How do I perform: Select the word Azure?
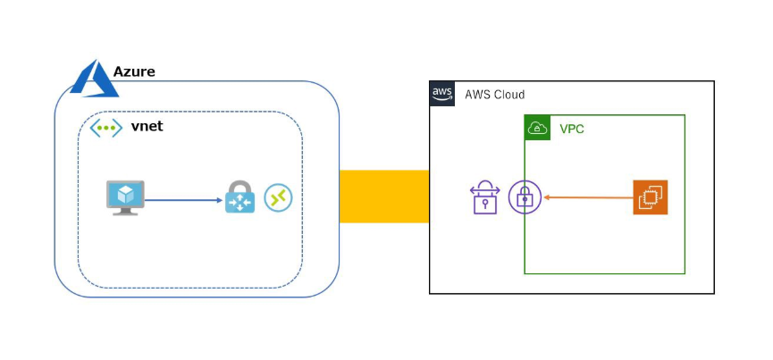[x=134, y=71]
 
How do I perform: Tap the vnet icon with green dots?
[x=106, y=128]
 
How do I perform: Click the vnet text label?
[x=147, y=127]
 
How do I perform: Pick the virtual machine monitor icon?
[x=124, y=197]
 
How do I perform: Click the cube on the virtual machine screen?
[x=124, y=193]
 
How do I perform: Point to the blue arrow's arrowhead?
[x=219, y=199]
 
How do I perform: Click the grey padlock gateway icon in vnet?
[x=239, y=197]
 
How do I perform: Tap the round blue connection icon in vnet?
[x=279, y=197]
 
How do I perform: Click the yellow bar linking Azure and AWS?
[x=384, y=197]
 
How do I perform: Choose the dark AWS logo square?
[x=442, y=93]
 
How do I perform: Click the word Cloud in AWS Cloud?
[x=508, y=94]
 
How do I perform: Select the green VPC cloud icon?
[x=537, y=129]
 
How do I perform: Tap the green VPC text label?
[x=572, y=129]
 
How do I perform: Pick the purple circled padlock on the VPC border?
[x=525, y=197]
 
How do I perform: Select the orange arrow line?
[x=590, y=197]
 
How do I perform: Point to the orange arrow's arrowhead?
[x=546, y=197]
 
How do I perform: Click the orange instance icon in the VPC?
[x=650, y=197]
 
